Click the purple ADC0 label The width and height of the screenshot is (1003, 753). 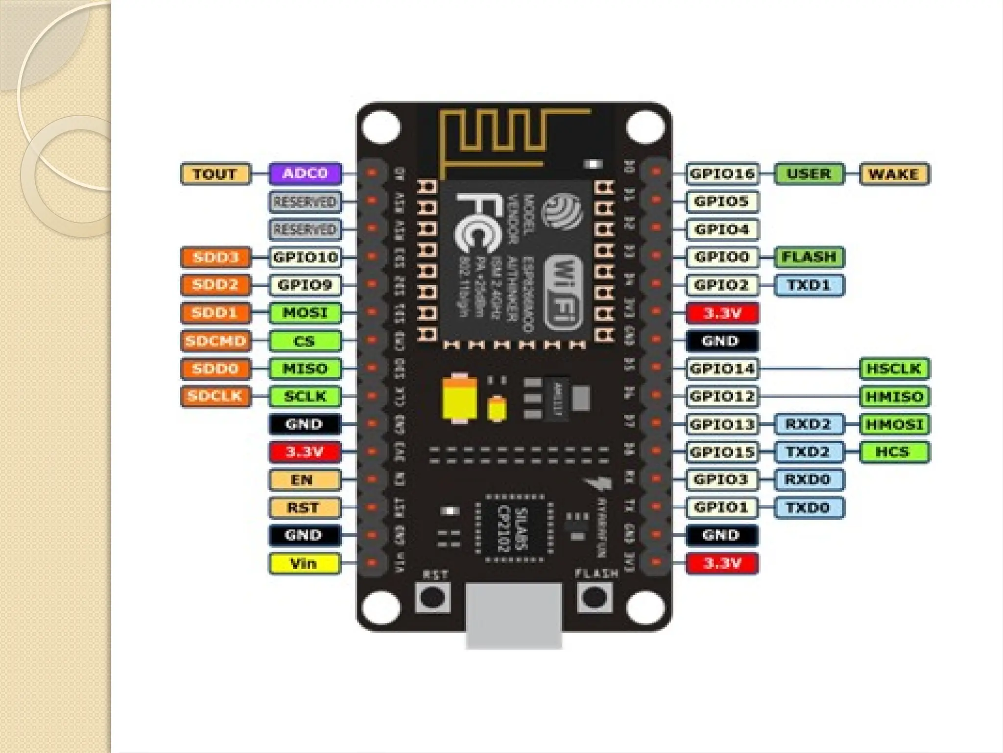pos(305,174)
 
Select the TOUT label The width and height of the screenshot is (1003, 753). pos(215,174)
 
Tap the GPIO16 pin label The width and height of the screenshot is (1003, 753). pos(722,174)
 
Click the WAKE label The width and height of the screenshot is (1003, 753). pos(894,174)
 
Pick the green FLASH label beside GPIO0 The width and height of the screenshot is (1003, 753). pos(809,257)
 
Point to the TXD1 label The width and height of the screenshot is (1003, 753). pos(809,285)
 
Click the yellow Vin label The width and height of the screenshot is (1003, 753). pos(304,563)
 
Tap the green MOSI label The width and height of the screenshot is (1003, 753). pos(305,313)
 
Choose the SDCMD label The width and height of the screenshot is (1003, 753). pos(215,341)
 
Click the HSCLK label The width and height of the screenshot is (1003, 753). pos(894,369)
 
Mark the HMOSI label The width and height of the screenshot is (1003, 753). pos(894,425)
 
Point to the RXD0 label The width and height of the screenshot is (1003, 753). pos(809,479)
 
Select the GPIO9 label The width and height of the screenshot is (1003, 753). pos(305,285)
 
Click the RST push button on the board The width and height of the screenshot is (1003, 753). pos(432,597)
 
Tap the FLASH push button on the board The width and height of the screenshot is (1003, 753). pos(595,597)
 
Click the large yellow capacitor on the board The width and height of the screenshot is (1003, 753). pos(459,397)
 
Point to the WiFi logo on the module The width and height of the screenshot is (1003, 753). pos(563,292)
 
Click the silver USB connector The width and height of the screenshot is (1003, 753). pos(514,615)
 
